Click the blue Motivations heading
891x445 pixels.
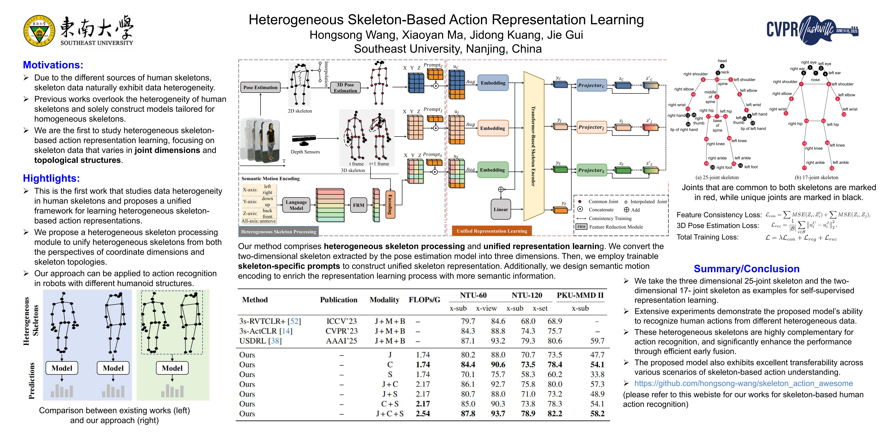click(53, 65)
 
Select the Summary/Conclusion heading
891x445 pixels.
click(746, 269)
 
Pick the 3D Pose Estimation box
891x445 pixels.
click(345, 87)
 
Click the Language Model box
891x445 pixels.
click(296, 205)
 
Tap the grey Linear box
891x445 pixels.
click(500, 209)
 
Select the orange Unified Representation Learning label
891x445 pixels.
click(491, 231)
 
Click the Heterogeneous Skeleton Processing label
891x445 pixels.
click(278, 232)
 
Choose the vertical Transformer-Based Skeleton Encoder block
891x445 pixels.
click(533, 146)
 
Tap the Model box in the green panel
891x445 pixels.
click(172, 368)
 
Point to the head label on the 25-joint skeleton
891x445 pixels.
click(722, 61)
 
